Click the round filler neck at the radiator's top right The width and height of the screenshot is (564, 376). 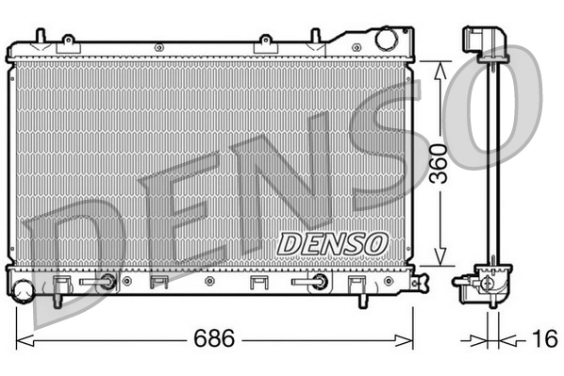(x=387, y=41)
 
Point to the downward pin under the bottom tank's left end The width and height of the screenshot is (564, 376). (x=58, y=300)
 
